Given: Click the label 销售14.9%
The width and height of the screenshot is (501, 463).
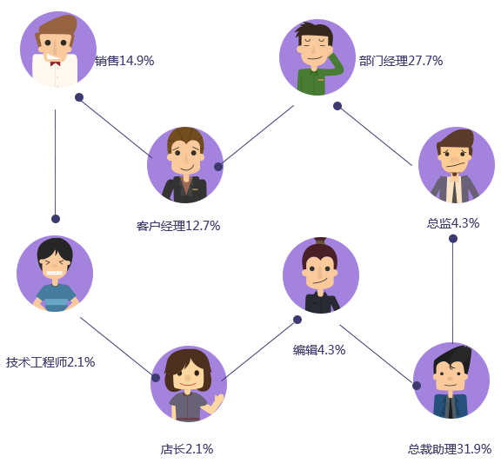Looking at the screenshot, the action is (124, 61).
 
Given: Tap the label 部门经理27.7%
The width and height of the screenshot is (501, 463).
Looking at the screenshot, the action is (401, 61).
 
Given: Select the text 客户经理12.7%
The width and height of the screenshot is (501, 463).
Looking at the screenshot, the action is (178, 226).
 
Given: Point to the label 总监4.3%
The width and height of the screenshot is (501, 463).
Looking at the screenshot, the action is (453, 223).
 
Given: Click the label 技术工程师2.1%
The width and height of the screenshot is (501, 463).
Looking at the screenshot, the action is (50, 362).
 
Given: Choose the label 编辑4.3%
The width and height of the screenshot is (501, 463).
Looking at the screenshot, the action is (319, 350).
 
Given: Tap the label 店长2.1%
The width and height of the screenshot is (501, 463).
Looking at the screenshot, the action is (187, 449).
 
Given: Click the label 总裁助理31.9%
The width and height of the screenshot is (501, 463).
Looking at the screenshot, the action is (450, 449).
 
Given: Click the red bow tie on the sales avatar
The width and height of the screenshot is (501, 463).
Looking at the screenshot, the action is (56, 63).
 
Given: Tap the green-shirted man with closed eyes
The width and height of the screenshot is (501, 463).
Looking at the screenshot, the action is (317, 57).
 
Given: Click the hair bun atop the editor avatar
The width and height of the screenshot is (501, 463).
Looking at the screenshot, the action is (320, 241).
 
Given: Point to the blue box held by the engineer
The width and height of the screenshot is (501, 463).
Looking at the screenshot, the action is (57, 305).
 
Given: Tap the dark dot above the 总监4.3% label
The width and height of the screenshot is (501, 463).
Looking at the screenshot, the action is (453, 238).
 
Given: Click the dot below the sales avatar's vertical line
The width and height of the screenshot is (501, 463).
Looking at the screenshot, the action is (56, 219).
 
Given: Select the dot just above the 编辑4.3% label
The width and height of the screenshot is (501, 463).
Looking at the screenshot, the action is (297, 320).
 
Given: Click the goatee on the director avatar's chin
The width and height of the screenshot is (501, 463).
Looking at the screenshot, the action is (454, 174).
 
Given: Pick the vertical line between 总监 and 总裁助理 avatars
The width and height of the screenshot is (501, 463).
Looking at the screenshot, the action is (452, 293).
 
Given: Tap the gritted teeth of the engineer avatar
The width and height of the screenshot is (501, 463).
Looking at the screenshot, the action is (54, 273).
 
